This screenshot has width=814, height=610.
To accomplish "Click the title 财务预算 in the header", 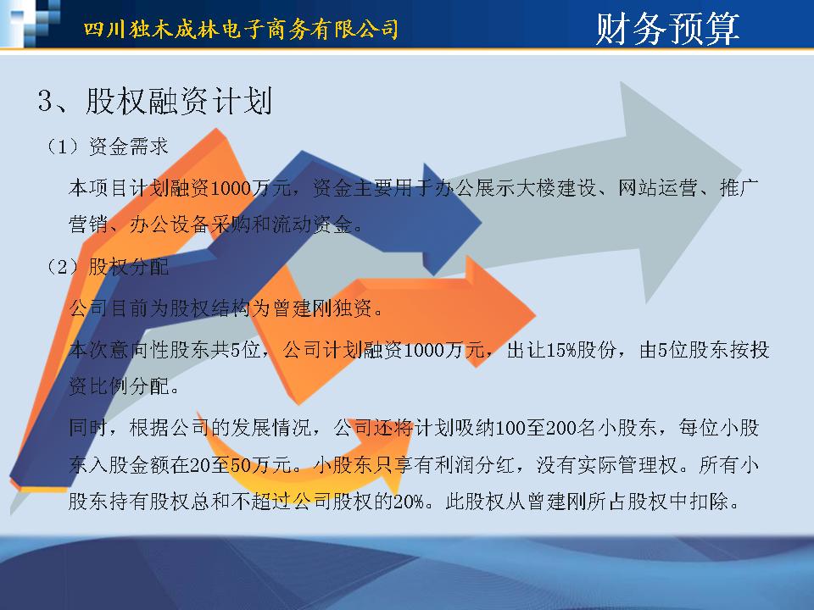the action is [x=667, y=28].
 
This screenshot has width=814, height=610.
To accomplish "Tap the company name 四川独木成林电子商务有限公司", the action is [x=241, y=29].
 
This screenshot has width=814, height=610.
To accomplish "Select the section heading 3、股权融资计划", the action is [x=154, y=101].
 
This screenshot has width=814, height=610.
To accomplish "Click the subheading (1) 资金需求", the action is [x=108, y=147].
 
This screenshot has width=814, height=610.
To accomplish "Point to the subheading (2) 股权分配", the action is [x=108, y=267].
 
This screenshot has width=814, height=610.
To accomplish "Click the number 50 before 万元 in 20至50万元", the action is [x=241, y=465].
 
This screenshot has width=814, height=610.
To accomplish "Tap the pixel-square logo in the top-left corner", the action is [x=31, y=23].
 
